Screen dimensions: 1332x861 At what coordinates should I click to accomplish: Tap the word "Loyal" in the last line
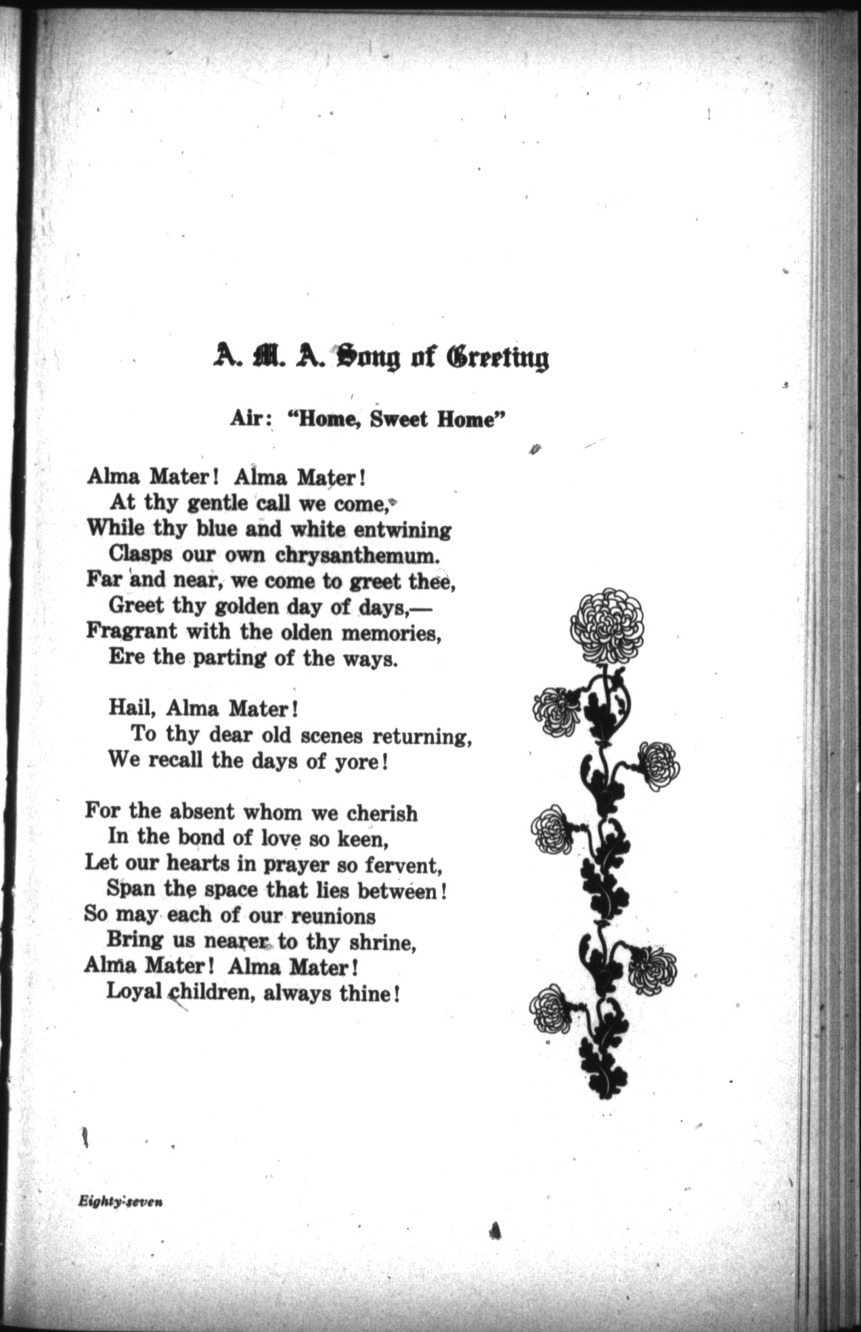tap(134, 992)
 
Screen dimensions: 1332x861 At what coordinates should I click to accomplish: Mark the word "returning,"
tap(422, 735)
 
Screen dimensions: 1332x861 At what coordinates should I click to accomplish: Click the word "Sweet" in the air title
tap(393, 419)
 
